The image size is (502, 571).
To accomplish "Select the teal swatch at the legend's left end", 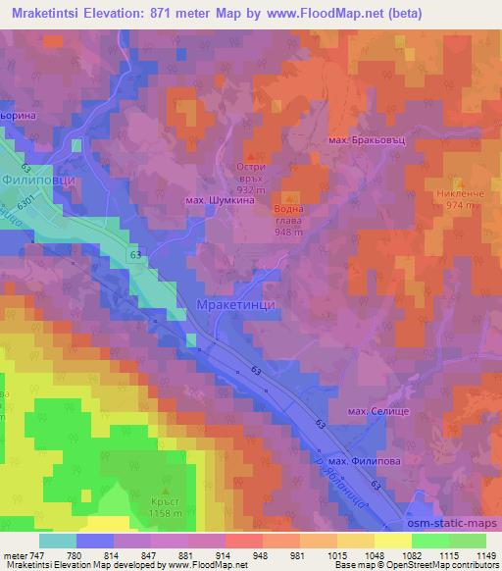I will pos(58,541).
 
